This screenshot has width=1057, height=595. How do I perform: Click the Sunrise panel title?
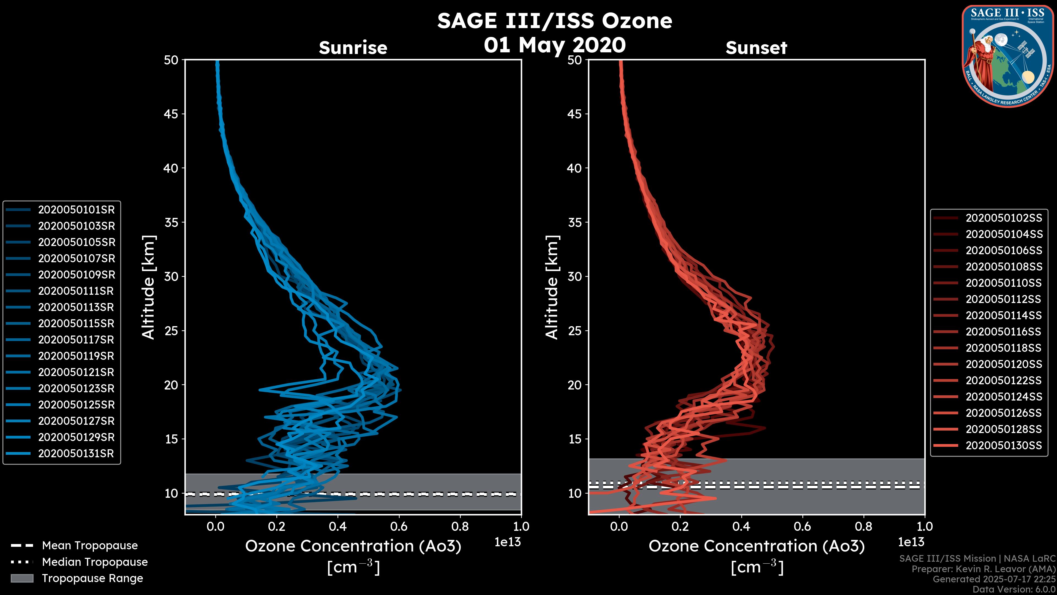pos(353,48)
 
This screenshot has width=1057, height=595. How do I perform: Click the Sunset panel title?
pos(756,48)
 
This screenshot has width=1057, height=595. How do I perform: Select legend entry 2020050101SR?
pos(76,210)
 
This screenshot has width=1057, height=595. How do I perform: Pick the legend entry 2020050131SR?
pos(76,454)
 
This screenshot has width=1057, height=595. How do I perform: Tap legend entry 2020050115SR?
pos(76,324)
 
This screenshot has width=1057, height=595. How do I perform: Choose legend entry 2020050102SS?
pos(1004,218)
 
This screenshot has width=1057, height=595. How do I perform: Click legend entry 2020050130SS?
pos(1004,445)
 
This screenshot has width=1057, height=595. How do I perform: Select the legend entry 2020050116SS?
pos(1004,332)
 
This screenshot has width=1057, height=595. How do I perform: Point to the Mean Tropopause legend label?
pos(90,546)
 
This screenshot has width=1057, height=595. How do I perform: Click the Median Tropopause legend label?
pos(95,562)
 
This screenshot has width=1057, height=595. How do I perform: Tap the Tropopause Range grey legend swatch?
pos(22,578)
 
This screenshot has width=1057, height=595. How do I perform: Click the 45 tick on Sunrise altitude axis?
pos(171,114)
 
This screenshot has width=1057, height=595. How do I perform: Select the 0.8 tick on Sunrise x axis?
pos(460,526)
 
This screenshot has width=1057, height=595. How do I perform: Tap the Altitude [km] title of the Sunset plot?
pos(552,287)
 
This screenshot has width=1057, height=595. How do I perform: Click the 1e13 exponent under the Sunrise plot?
pos(507,542)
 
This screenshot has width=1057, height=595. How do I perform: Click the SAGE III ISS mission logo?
pos(1008,56)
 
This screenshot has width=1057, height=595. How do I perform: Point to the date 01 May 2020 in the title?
pos(555,45)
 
